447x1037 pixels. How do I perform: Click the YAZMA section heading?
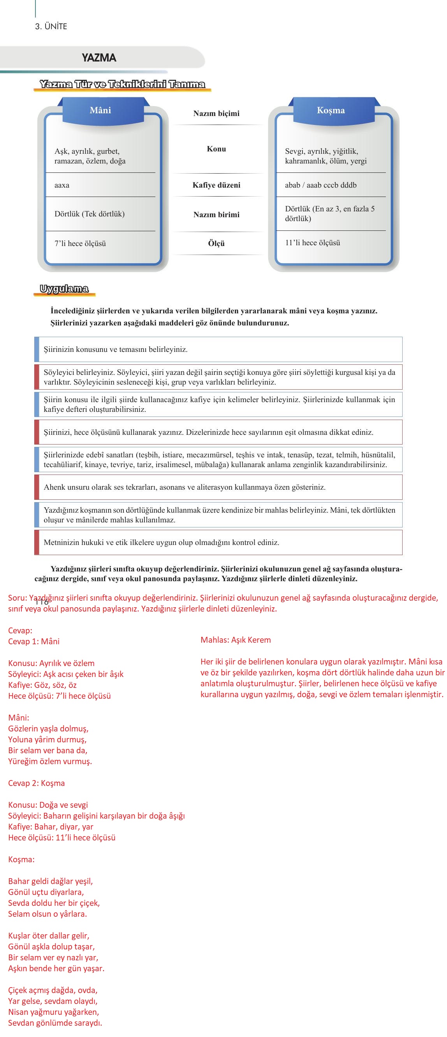click(x=99, y=58)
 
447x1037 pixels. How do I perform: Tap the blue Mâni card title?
click(x=100, y=110)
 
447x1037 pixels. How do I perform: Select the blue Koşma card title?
click(x=331, y=110)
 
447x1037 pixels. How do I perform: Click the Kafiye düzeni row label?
click(x=216, y=185)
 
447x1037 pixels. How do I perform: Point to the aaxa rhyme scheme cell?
click(x=62, y=185)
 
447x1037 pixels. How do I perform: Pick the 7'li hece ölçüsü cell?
click(x=80, y=244)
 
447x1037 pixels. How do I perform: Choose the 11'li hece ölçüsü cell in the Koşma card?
click(x=313, y=243)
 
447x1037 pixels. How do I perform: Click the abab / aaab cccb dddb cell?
click(x=320, y=185)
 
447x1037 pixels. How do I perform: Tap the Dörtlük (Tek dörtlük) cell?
click(x=90, y=214)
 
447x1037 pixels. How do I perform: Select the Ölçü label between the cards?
click(x=216, y=244)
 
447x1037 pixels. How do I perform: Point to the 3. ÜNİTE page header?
click(x=51, y=26)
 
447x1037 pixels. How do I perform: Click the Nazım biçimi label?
click(x=216, y=114)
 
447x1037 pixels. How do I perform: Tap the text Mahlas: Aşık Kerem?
click(x=236, y=640)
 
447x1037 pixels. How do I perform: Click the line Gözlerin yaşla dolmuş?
click(x=48, y=729)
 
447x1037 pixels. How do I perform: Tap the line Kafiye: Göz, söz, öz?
click(x=42, y=685)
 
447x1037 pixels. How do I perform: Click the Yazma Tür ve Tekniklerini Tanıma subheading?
click(x=122, y=84)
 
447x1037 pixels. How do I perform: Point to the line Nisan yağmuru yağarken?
click(x=54, y=1012)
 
